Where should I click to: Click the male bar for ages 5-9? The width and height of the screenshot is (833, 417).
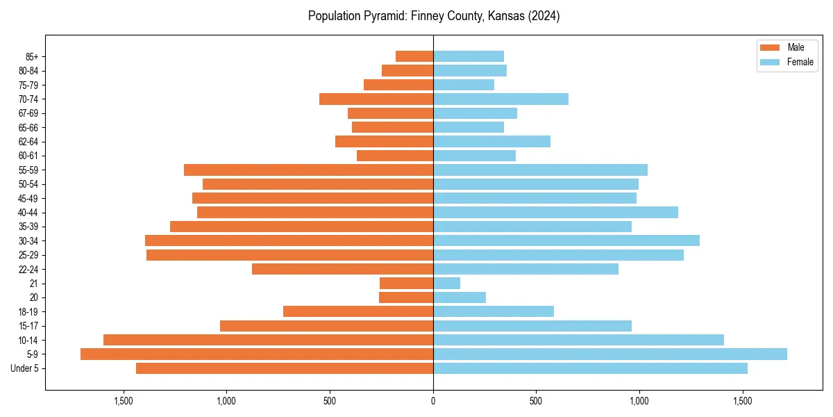click(x=257, y=354)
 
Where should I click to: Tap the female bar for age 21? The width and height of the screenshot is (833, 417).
click(x=446, y=284)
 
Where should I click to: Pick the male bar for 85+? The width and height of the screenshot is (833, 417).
click(x=414, y=56)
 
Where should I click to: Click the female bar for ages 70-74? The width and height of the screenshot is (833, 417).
click(x=500, y=99)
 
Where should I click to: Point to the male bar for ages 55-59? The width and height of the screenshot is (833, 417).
click(x=308, y=170)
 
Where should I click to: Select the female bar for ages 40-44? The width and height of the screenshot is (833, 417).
click(x=555, y=213)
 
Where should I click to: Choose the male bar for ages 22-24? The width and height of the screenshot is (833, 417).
click(x=342, y=269)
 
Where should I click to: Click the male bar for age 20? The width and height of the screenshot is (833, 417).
click(x=406, y=297)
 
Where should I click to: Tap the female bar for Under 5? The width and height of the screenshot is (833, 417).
click(x=590, y=368)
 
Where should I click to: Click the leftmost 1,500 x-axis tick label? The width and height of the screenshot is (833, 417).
click(x=123, y=401)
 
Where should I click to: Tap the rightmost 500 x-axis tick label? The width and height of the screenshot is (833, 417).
click(x=536, y=401)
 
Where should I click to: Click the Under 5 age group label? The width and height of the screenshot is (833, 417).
click(x=24, y=368)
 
